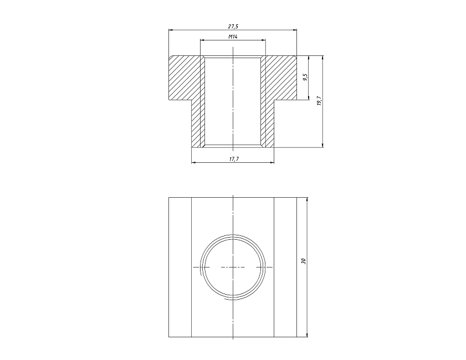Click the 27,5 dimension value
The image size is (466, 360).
(233, 27)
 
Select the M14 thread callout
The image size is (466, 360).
(233, 37)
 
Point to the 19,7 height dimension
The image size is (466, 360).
(319, 101)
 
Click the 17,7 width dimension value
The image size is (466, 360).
(234, 159)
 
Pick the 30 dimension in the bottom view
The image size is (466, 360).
(303, 261)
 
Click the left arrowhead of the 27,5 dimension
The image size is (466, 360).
(171, 30)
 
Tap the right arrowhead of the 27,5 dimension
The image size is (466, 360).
(295, 30)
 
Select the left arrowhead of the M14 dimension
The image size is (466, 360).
(202, 40)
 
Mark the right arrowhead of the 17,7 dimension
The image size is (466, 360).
(272, 162)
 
